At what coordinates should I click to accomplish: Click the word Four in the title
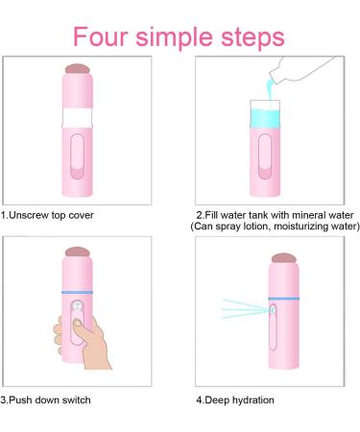pos(101,36)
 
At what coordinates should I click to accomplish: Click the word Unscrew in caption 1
pos(29,215)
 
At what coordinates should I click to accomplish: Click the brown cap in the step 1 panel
pos(77,69)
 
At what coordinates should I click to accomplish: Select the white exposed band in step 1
pos(77,118)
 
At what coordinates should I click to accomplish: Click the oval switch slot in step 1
pos(77,156)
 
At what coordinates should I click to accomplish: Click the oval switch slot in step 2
pos(265,156)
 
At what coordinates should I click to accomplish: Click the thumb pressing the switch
pos(80,328)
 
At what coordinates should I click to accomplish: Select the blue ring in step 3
pos(77,293)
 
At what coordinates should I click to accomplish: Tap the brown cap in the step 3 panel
pos(77,252)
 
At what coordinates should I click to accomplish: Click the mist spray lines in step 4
pos(246,309)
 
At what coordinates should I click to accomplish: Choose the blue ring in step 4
pos(284,299)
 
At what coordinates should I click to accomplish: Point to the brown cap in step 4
pos(283,258)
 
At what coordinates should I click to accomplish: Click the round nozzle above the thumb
pos(77,306)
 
